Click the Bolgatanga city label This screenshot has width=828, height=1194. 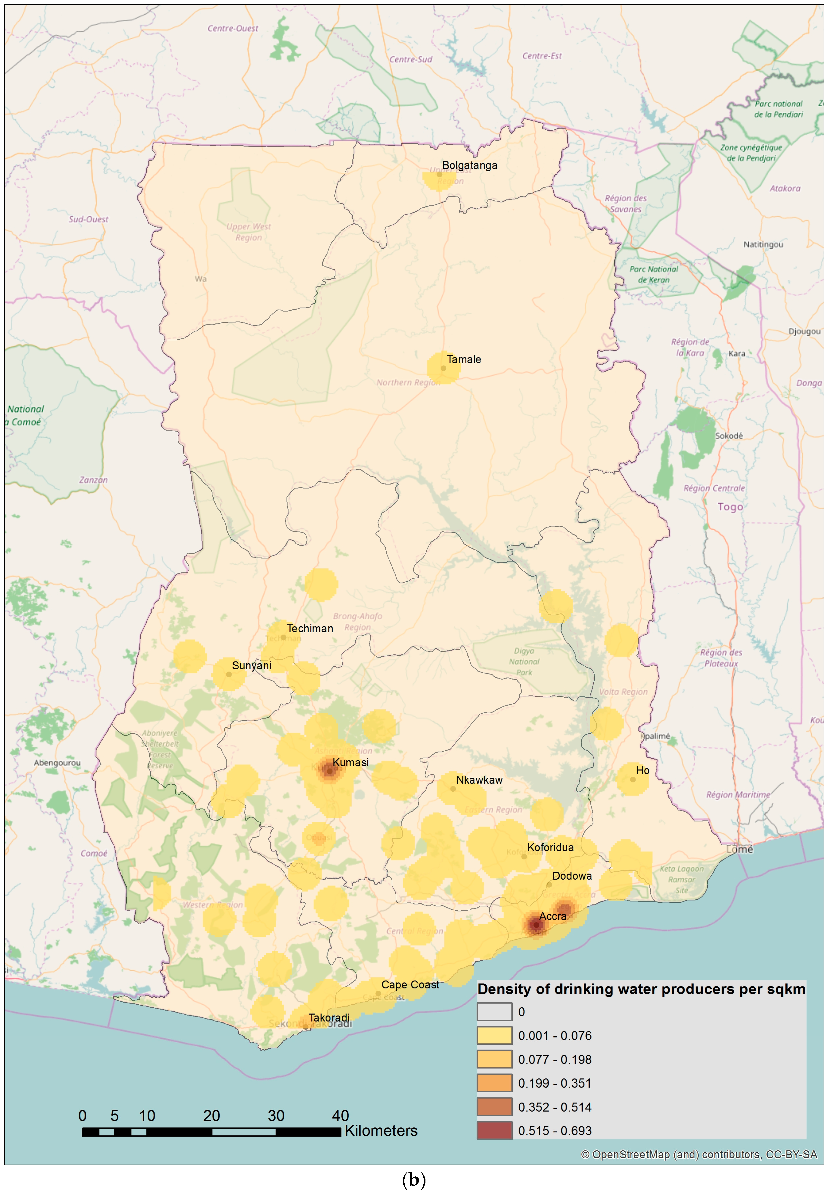point(469,166)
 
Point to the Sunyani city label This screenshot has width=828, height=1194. point(252,665)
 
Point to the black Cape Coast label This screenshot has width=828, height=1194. point(410,985)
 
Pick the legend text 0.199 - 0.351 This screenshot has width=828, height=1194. point(555,1083)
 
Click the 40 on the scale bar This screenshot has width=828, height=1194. point(340,1116)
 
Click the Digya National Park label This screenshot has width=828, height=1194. point(524,661)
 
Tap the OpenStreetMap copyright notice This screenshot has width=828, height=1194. point(699,1155)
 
